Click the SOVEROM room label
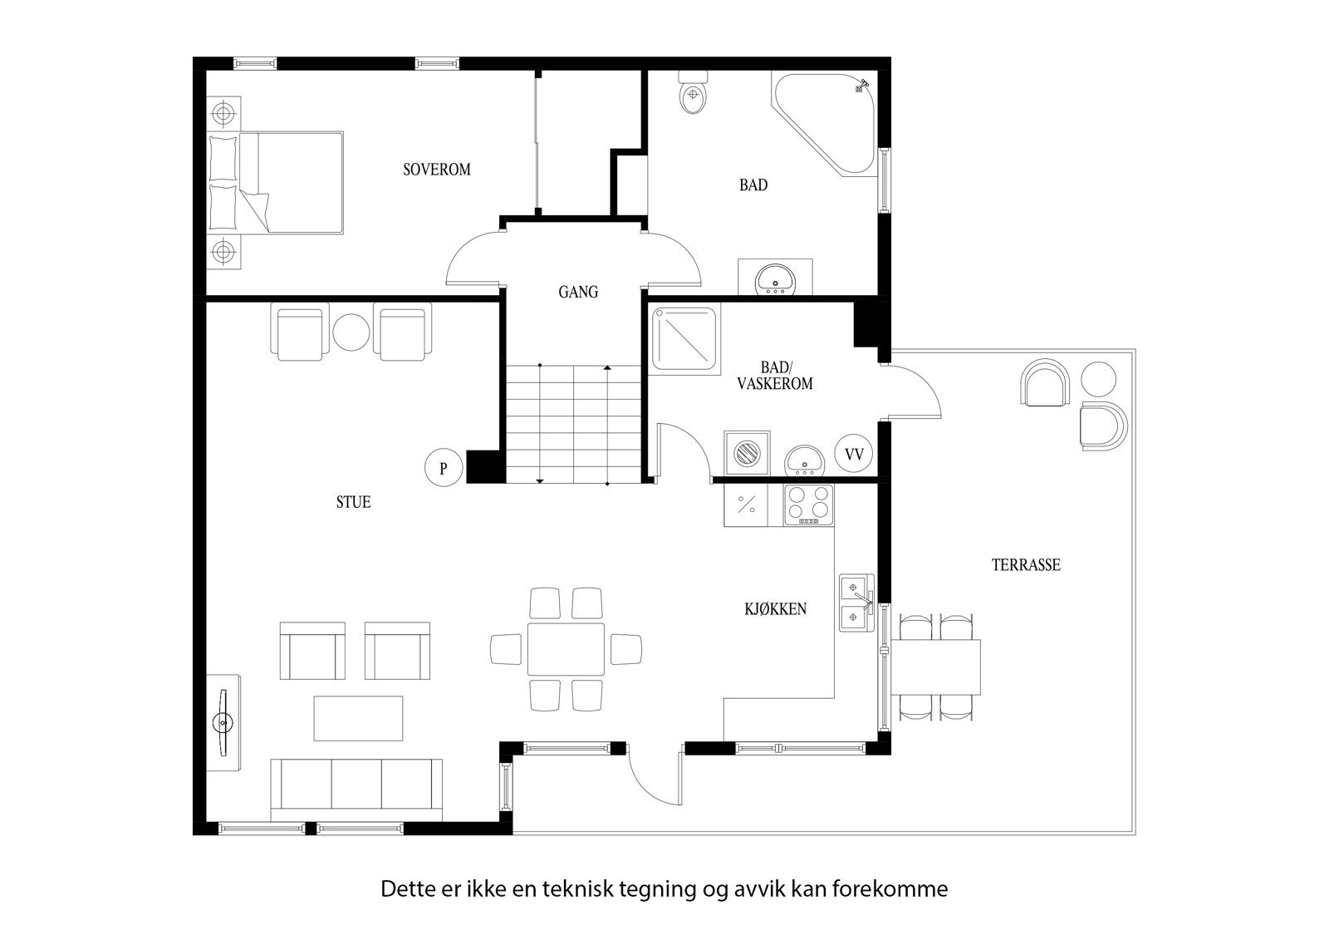coord(436,170)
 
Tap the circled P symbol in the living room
coord(444,468)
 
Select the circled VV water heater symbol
coord(853,455)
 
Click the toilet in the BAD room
coord(693,93)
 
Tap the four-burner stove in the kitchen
coord(808,504)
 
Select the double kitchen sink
coord(855,602)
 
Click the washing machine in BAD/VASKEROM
coord(747,454)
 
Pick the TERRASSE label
coord(1026,565)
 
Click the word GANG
coord(577,293)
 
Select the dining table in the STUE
coord(566,648)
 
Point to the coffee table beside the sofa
coord(358,718)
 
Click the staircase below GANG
coord(573,423)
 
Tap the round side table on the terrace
coord(1098,380)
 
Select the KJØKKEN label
coord(774,609)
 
